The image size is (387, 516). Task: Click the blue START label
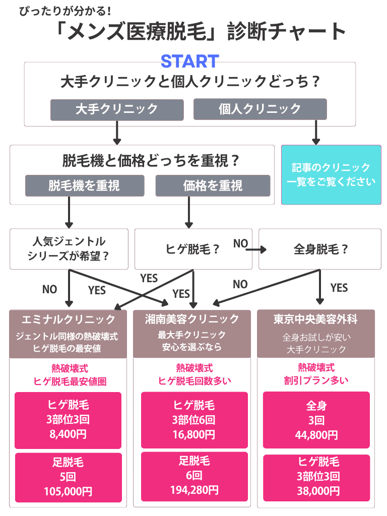click(189, 61)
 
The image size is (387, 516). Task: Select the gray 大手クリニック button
click(116, 109)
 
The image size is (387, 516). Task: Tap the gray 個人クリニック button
click(260, 109)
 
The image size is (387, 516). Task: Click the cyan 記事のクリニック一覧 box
click(331, 175)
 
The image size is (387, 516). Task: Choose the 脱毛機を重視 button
click(85, 185)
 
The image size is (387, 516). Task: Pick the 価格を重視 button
click(214, 185)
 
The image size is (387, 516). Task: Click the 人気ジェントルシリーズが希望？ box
click(69, 248)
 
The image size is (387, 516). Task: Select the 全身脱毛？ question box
click(320, 249)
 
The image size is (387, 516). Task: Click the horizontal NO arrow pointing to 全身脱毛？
click(256, 249)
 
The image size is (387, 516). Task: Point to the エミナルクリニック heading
click(69, 319)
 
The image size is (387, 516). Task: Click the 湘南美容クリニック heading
click(192, 319)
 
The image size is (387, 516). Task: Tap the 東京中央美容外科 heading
click(316, 319)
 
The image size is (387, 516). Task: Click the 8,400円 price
click(68, 434)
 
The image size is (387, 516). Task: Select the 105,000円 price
click(68, 491)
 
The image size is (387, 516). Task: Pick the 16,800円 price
click(194, 434)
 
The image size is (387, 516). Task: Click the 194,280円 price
click(194, 490)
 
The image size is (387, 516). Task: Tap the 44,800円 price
click(316, 434)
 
